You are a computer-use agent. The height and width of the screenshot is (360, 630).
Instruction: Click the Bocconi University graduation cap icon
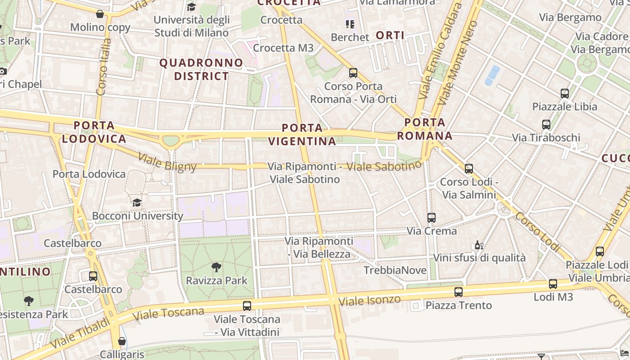(x=137, y=202)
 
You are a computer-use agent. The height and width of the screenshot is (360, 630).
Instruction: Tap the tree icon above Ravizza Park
(x=216, y=267)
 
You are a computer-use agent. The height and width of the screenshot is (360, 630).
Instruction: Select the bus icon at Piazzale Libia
(x=565, y=94)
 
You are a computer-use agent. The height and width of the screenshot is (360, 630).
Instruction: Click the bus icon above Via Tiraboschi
(x=546, y=125)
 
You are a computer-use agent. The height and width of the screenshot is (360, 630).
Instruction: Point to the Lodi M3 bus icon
(x=553, y=284)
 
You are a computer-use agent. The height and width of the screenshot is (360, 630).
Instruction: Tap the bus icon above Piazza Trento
(x=459, y=292)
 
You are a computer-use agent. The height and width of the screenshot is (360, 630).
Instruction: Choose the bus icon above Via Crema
(x=432, y=218)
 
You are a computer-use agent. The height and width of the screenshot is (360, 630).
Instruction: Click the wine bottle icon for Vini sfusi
(x=479, y=245)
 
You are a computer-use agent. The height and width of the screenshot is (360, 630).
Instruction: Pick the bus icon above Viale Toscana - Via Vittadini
(x=247, y=306)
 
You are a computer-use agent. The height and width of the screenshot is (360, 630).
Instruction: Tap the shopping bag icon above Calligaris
(x=121, y=341)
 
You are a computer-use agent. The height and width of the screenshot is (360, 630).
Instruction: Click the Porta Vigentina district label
(x=302, y=134)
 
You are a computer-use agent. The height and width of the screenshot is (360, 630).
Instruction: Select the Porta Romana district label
(x=425, y=129)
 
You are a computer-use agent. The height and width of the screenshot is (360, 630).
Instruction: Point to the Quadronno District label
(x=201, y=69)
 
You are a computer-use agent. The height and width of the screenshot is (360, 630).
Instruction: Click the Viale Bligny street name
(x=167, y=162)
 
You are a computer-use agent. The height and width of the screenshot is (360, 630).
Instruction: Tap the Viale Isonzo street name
(x=369, y=300)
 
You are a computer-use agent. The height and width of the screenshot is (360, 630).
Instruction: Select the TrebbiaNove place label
(x=395, y=270)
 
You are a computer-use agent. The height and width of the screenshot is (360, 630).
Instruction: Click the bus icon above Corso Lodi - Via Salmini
(x=469, y=169)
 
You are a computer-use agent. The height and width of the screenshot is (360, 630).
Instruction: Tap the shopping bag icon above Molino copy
(x=100, y=14)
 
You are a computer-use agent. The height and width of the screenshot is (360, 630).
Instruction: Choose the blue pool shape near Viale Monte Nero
(x=492, y=75)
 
